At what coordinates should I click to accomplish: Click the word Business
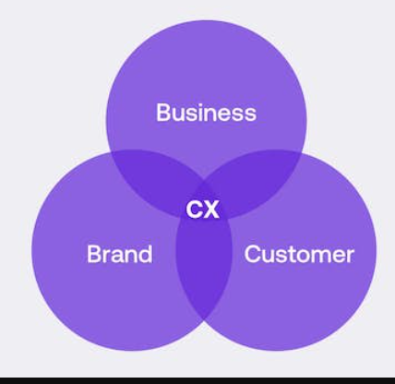(206, 113)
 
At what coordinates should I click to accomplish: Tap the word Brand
(120, 254)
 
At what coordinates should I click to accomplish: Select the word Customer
(299, 254)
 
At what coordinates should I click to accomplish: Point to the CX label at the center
(203, 210)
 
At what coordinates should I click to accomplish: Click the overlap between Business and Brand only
(154, 178)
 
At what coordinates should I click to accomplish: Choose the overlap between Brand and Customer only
(204, 270)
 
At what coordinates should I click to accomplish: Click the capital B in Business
(163, 113)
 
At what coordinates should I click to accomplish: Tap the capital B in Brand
(94, 254)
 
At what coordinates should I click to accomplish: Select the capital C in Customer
(253, 254)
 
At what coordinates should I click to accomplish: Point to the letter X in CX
(211, 210)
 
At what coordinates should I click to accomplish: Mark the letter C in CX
(194, 210)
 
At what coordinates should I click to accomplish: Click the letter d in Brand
(146, 254)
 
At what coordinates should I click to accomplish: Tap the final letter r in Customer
(351, 257)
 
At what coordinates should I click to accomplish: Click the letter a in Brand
(117, 257)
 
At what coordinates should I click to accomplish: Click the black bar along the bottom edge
(197, 380)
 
